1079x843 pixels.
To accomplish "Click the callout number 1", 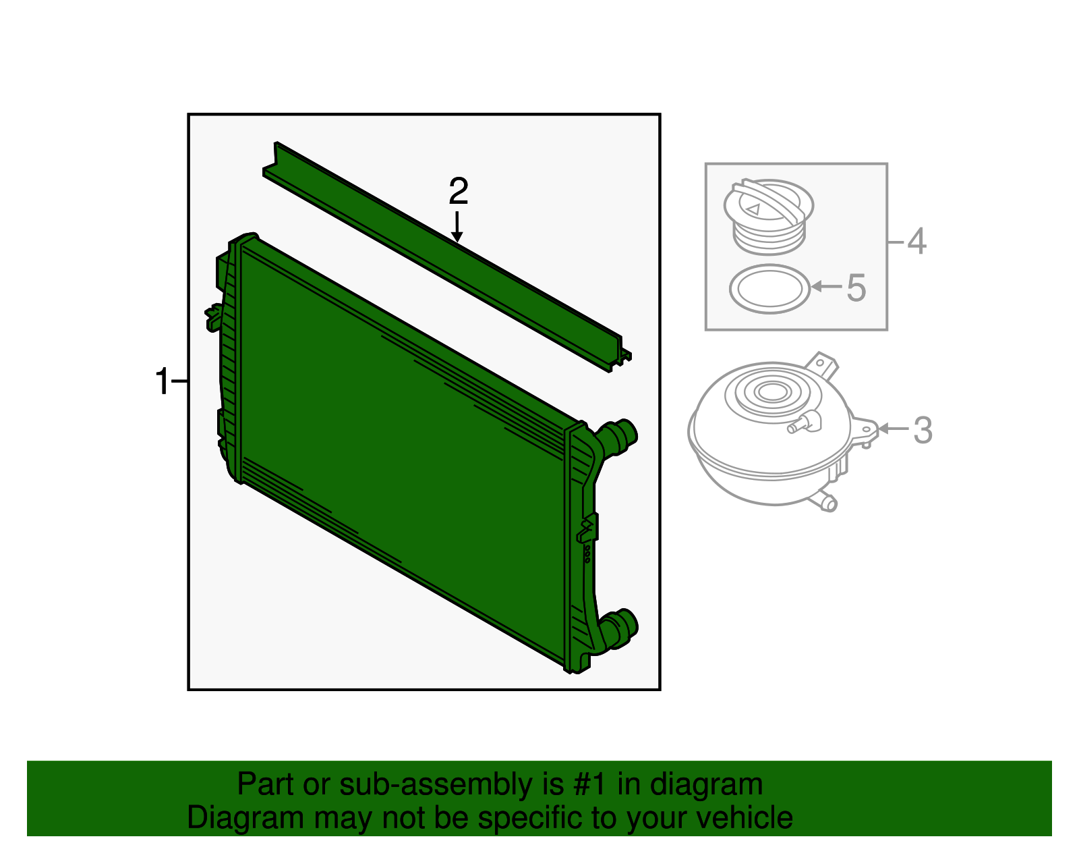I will coord(163,382).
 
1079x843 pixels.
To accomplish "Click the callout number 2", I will coord(458,192).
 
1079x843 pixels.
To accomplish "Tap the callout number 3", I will coord(923,431).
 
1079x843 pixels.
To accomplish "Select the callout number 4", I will coord(916,241).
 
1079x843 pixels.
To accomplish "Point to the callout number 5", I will coord(856,288).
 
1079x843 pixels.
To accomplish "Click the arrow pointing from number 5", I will coord(826,287).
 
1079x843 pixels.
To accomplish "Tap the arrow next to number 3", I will coord(894,429).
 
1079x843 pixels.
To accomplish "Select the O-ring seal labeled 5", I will coord(769,289).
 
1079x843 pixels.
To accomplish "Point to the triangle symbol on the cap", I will coord(753,209).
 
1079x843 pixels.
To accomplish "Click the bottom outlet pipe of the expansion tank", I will coord(825,502).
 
